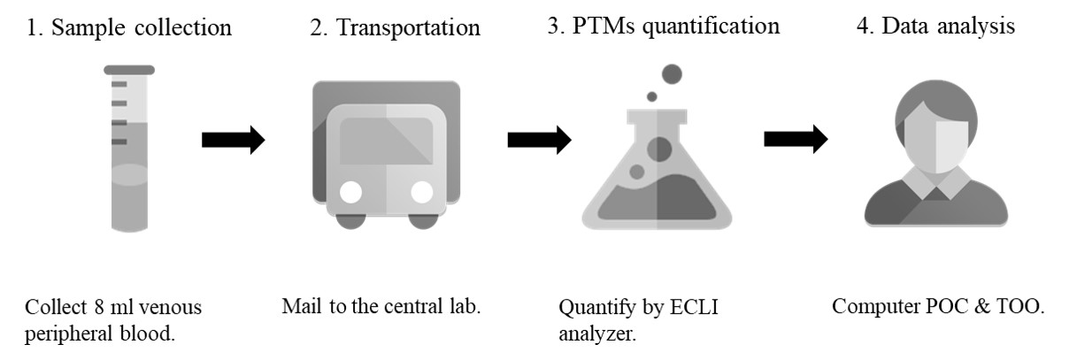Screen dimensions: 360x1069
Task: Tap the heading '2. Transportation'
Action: tap(395, 27)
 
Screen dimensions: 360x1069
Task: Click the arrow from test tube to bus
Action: tap(233, 139)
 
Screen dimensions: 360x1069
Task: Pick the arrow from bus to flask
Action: tap(539, 139)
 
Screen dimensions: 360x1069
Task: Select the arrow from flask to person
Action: tap(796, 139)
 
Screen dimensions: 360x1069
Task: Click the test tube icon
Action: tap(128, 150)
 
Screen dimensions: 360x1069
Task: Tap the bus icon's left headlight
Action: tap(351, 192)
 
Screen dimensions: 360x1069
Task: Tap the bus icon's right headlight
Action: tap(422, 192)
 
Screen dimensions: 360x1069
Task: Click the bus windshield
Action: tap(387, 142)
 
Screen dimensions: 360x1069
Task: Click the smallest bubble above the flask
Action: tap(652, 96)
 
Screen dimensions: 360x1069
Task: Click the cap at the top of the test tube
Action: tap(128, 69)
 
